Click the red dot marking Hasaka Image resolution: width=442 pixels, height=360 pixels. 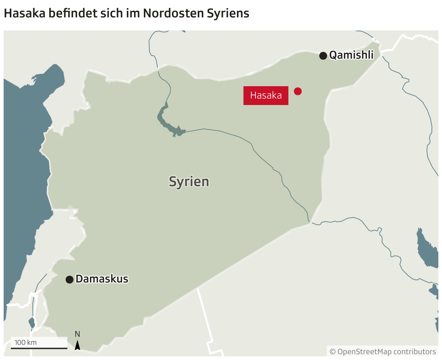point(297,91)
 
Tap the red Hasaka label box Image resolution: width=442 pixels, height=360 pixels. point(266,96)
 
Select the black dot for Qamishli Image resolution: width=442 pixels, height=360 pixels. point(323,55)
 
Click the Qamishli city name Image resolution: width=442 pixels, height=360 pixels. point(351,55)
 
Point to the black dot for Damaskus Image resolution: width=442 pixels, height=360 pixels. point(69,280)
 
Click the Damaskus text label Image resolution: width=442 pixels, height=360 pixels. point(102,279)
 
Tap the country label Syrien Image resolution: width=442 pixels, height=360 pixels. point(189,181)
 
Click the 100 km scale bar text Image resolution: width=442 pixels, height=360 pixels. point(25,342)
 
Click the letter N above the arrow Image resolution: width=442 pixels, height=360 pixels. point(77,334)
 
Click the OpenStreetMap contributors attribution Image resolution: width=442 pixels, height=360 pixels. point(383,351)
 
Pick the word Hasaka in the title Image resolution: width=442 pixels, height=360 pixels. point(24,13)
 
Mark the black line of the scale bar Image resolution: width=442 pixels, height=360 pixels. point(39,348)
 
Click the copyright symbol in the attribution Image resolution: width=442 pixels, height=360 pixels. point(333,352)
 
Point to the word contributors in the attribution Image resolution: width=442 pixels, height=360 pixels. point(414,351)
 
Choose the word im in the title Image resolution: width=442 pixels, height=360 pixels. point(133,13)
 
